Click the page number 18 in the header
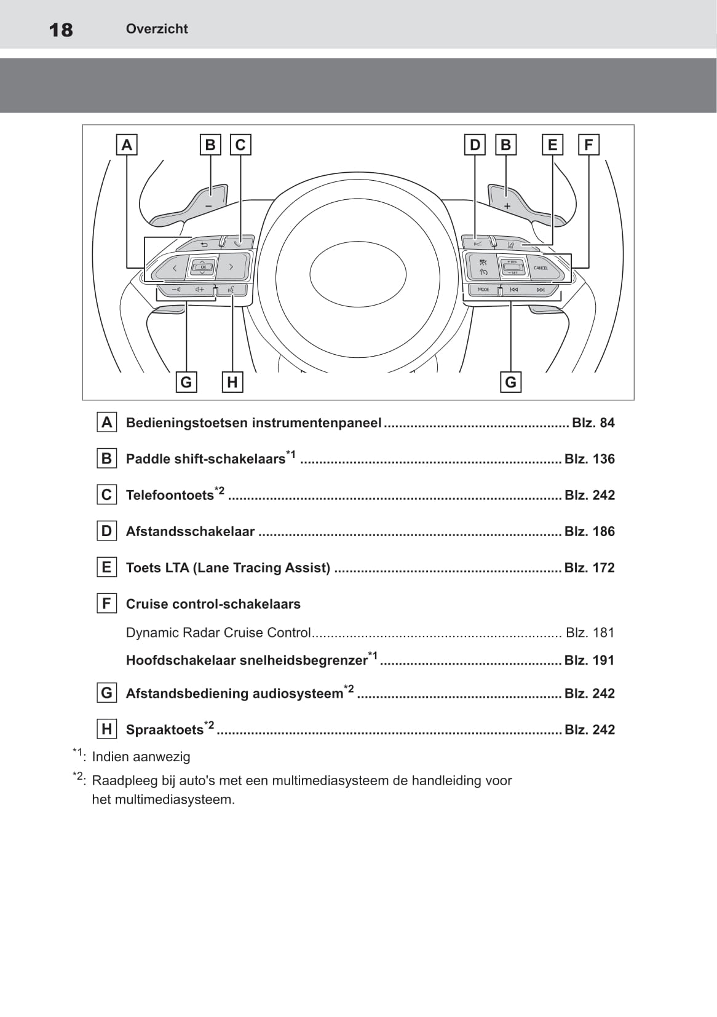click(61, 30)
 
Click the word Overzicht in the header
click(157, 29)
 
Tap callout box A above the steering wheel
click(127, 145)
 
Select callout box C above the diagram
click(240, 145)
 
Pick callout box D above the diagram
click(475, 145)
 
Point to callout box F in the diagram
click(588, 145)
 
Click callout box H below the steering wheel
click(232, 382)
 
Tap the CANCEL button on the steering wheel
click(541, 268)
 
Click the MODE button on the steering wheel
click(483, 290)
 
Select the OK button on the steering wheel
click(203, 267)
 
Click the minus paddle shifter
click(208, 203)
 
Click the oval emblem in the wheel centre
click(357, 274)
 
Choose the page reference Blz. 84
click(593, 423)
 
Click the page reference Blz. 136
click(590, 459)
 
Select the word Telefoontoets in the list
click(170, 496)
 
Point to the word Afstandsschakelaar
click(190, 532)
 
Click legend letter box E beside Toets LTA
click(106, 567)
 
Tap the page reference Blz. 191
click(590, 660)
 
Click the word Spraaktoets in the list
click(164, 730)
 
